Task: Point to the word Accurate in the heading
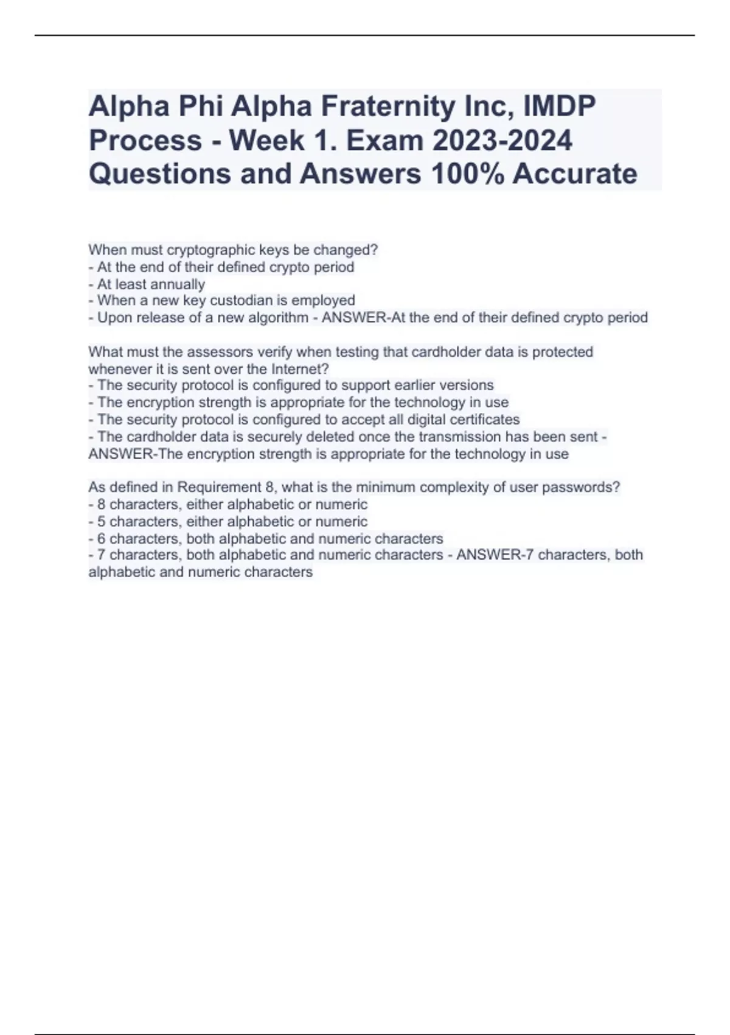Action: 574,174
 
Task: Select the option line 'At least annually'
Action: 147,284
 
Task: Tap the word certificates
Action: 484,419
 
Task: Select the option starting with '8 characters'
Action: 228,505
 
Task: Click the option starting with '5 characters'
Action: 228,522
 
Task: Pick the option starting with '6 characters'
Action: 266,539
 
